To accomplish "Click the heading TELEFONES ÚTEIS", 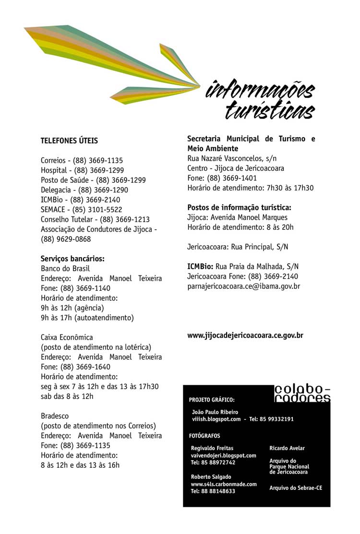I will [69, 141].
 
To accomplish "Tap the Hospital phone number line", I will [83, 170].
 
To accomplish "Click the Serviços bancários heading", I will [72, 259].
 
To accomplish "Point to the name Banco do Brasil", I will [65, 269].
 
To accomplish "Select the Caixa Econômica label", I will [67, 337].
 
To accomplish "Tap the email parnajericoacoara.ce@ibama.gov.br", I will [243, 286].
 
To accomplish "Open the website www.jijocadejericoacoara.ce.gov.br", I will [245, 336].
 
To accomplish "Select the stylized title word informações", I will [260, 91].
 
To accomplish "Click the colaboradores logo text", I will [302, 393].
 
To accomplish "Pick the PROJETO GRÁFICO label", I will [212, 399].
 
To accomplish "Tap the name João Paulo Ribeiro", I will [215, 412].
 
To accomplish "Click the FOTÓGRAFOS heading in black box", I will [204, 436].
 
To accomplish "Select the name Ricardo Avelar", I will [287, 449].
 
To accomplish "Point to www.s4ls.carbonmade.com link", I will [224, 485].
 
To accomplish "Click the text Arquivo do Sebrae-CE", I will [296, 488].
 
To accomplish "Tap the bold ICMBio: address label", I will [200, 267].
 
